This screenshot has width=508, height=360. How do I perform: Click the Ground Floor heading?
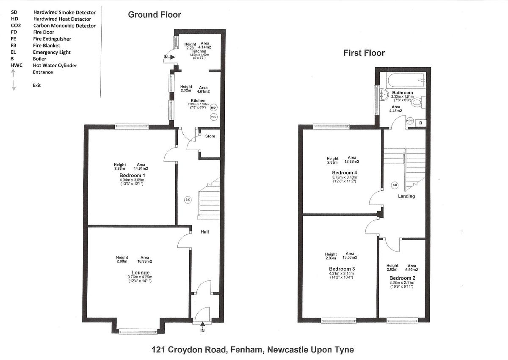[x=155, y=15]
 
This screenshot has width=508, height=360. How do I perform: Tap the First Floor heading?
[x=364, y=53]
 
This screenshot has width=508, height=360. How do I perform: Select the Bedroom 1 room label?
[x=132, y=176]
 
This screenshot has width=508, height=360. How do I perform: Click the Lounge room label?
[x=140, y=272]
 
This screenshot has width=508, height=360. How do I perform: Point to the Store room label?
[x=210, y=136]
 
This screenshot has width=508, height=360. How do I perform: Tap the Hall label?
[x=204, y=232]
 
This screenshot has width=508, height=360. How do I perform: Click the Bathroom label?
[x=402, y=93]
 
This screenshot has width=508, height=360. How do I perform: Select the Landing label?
[x=406, y=196]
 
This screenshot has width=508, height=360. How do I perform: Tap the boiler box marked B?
[x=420, y=123]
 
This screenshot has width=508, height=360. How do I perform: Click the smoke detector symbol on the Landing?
[x=395, y=185]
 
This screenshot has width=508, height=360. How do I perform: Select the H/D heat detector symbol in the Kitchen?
[x=213, y=108]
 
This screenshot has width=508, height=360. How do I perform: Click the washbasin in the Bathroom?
[x=384, y=94]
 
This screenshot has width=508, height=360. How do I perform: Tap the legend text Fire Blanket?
[x=47, y=46]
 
